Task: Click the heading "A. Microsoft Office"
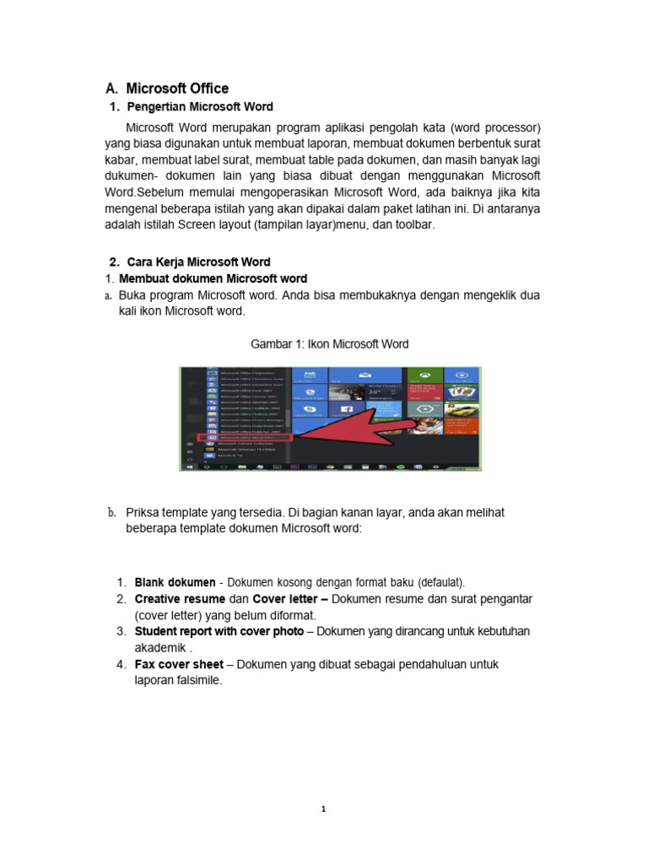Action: [x=167, y=89]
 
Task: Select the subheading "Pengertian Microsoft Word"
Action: [x=199, y=107]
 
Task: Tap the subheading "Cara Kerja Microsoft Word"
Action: [x=199, y=262]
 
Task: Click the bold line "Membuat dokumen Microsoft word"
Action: [x=213, y=278]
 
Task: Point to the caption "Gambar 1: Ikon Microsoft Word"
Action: [x=330, y=344]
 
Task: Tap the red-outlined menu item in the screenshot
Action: [x=244, y=438]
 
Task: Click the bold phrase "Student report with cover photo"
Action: [x=219, y=631]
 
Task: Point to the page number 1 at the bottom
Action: [x=324, y=810]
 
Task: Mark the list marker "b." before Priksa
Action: [x=111, y=512]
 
